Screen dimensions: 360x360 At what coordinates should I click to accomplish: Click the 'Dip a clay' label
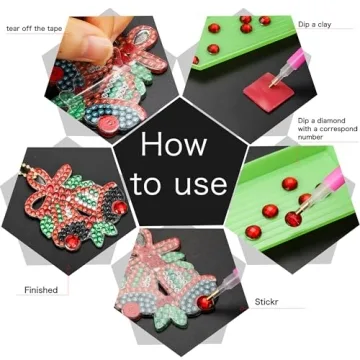(319, 23)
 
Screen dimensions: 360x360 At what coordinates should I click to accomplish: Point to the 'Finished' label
(41, 290)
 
